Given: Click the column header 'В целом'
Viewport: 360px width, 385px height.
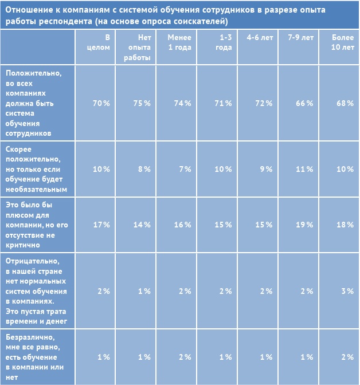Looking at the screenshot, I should click(101, 42).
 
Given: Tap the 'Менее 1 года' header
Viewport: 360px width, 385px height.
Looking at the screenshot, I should click(179, 42).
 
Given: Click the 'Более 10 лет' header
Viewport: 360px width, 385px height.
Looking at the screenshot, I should click(343, 42).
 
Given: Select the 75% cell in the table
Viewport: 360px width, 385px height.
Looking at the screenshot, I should click(142, 103).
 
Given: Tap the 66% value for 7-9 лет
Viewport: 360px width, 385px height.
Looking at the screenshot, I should click(304, 103).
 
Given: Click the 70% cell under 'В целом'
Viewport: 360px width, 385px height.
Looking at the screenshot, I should click(101, 103).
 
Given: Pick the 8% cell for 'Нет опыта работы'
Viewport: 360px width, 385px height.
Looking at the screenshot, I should click(143, 169).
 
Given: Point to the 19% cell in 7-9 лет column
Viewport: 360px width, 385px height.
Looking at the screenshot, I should click(304, 225).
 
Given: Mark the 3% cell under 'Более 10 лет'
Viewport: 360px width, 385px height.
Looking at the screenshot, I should click(347, 291).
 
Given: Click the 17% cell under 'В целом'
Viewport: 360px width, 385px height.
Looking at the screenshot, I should click(101, 225).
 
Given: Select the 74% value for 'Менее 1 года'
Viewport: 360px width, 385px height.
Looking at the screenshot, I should click(182, 103).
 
